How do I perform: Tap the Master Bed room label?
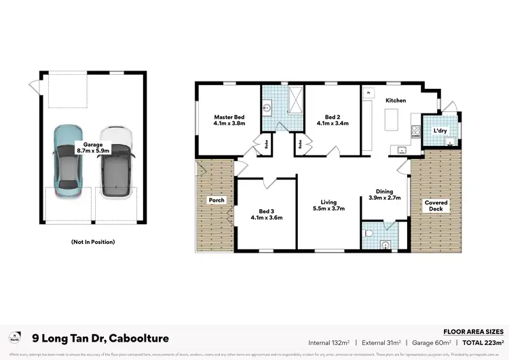[229, 117]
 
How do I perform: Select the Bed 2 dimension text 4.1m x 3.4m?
[333, 124]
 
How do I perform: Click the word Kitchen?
[396, 101]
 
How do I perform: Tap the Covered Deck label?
[436, 206]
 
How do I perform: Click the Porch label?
[216, 200]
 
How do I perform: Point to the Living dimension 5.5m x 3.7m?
[328, 209]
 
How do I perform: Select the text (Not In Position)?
[92, 242]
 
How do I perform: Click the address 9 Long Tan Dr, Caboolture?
[101, 338]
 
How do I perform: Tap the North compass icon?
[14, 338]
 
